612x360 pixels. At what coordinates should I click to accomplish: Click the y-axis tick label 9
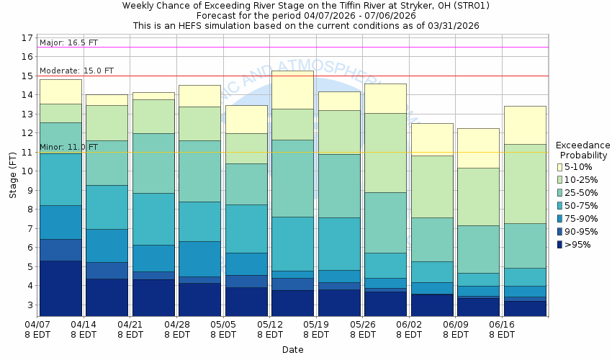[x=30, y=190]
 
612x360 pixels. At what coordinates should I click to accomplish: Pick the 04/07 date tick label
[x=38, y=325]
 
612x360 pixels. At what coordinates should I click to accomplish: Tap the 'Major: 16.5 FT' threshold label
[x=70, y=43]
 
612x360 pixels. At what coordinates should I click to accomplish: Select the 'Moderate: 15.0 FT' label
[x=76, y=71]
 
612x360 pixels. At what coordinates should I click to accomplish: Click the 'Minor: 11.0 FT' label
[x=68, y=147]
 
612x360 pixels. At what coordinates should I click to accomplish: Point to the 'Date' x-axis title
[x=292, y=350]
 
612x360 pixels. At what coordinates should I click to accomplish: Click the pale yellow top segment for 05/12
[x=292, y=89]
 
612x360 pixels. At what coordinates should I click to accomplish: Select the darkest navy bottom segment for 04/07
[x=60, y=288]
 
